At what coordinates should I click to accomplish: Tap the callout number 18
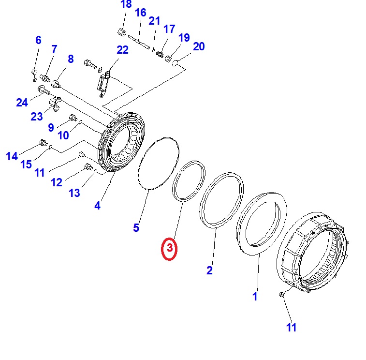point(126,5)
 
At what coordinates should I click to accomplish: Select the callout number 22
point(122,50)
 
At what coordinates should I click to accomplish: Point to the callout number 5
point(136,227)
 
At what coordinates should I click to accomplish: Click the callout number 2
point(209,270)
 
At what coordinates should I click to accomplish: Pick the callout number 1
point(255,297)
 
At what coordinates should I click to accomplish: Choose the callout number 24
point(22,102)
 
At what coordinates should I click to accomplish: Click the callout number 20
point(199,46)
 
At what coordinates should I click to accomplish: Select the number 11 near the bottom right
point(291,328)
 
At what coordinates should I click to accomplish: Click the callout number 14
point(12,156)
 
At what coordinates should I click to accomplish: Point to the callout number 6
point(38,40)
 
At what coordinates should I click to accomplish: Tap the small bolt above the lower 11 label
point(281,294)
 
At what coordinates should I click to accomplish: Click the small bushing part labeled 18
point(122,32)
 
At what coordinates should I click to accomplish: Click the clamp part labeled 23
point(54,104)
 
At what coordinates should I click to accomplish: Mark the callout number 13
point(74,193)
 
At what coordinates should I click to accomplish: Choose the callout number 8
point(71,59)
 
